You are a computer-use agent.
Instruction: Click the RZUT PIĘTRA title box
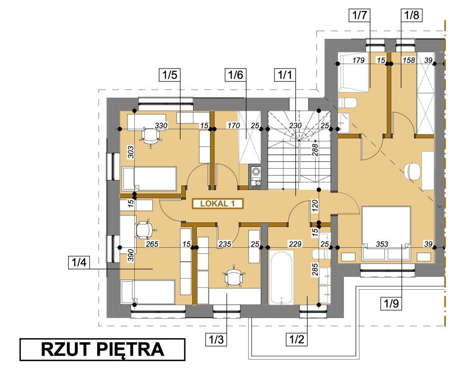coord(102,349)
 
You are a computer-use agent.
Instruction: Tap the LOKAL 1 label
coord(217,204)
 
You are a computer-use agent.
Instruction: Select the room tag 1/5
coord(170,75)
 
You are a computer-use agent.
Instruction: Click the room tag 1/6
coord(235,75)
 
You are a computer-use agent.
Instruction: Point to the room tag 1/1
coord(285,75)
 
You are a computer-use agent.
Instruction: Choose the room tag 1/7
coord(359,15)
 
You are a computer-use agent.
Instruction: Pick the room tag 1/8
coord(411,15)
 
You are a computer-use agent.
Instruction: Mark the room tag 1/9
coord(391,303)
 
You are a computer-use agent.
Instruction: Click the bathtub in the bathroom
coord(281,277)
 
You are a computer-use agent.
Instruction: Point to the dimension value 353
coord(382,244)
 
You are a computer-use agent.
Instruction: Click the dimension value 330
coord(161,126)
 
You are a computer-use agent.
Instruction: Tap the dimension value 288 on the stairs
coord(315,150)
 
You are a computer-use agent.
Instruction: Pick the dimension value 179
coord(359,60)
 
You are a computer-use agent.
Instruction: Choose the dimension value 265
coord(152,244)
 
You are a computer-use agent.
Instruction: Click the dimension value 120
coord(315,206)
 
